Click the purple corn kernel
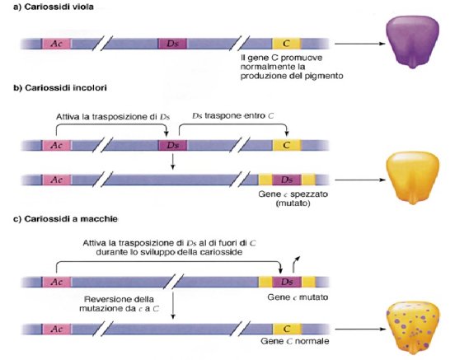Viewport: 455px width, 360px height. [x=412, y=42]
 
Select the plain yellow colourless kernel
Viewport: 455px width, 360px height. [x=412, y=178]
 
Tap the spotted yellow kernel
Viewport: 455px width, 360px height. [x=413, y=328]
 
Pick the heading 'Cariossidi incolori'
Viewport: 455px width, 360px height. [x=60, y=87]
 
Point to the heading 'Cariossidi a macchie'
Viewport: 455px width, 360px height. [x=66, y=219]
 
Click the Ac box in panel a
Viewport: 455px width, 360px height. [x=56, y=44]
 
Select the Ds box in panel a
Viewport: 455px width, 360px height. [x=172, y=44]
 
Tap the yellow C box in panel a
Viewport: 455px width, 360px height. [x=286, y=44]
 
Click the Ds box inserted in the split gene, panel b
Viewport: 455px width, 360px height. [x=287, y=180]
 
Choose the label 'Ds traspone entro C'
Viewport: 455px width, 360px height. [x=232, y=116]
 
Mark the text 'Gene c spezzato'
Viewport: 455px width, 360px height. [x=293, y=194]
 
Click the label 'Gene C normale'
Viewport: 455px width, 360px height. [x=295, y=341]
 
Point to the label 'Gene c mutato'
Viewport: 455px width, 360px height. [x=298, y=297]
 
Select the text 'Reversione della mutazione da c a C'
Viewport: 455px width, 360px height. [x=120, y=304]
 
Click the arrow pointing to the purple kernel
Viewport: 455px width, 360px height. [x=360, y=44]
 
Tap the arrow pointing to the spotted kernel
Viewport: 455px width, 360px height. [x=360, y=329]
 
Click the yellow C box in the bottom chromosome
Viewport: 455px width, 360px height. [x=287, y=329]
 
